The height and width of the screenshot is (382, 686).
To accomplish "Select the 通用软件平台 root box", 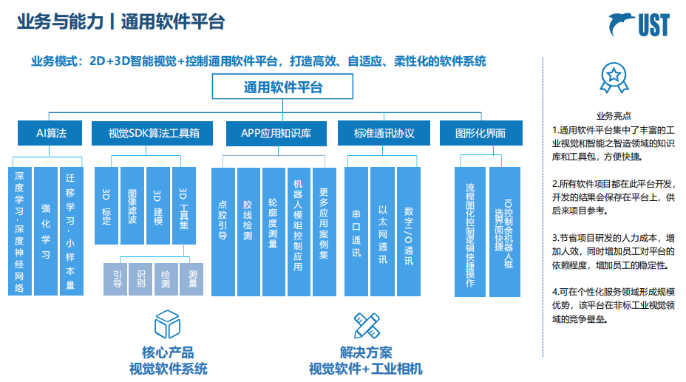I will click(x=282, y=87).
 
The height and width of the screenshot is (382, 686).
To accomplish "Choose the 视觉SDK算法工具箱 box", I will click(x=154, y=133).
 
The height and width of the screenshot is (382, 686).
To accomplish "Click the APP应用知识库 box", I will click(x=276, y=133).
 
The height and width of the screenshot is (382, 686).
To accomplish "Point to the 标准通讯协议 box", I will click(x=383, y=133).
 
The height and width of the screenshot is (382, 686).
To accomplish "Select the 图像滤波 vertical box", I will click(x=132, y=206).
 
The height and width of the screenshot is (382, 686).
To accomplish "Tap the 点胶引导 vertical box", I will click(x=223, y=231).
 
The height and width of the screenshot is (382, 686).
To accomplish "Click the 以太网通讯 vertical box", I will click(x=382, y=231).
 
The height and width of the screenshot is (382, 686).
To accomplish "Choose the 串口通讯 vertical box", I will click(x=356, y=231).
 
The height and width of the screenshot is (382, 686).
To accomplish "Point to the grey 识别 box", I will click(x=140, y=277).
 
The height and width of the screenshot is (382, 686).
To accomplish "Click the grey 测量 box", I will click(x=193, y=277).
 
